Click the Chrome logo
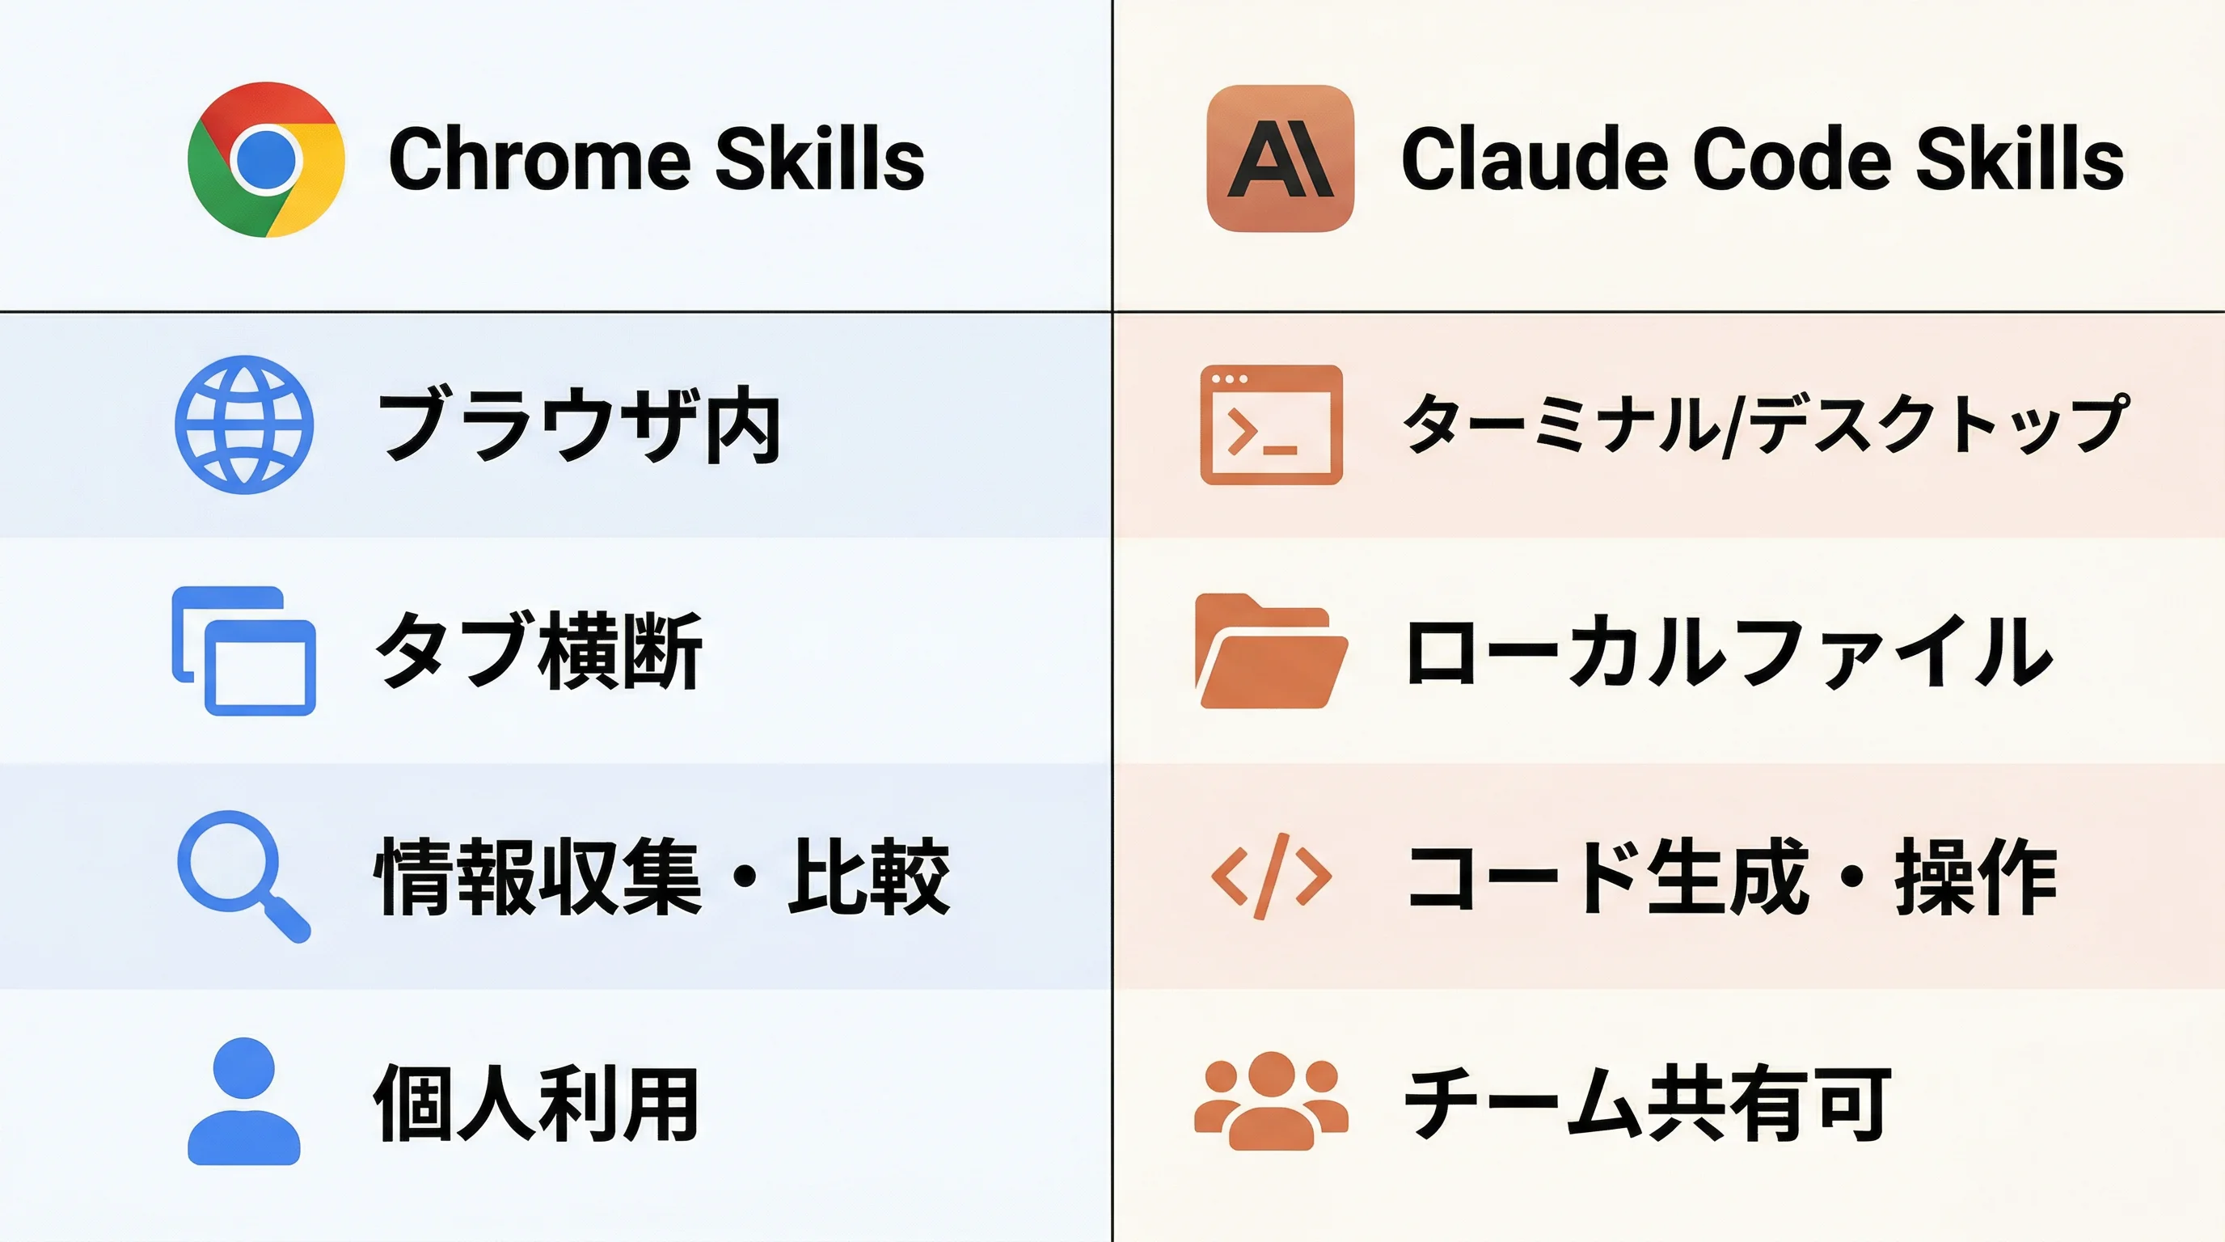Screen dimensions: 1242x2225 pos(266,160)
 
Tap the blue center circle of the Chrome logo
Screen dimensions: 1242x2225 pos(265,160)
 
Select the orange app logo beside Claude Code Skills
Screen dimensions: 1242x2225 pos(1279,159)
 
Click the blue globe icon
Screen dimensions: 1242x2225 pos(244,425)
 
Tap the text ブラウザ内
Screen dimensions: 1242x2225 pos(580,426)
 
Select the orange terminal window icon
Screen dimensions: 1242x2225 pos(1271,425)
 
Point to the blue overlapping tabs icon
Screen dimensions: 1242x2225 pos(244,651)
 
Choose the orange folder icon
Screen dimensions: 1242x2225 pos(1271,651)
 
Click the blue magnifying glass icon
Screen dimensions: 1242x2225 pos(243,875)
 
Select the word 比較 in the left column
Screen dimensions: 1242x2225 pos(868,877)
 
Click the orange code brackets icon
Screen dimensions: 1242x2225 pos(1271,877)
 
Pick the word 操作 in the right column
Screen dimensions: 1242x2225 pos(1975,877)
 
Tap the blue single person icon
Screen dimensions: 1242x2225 pos(244,1101)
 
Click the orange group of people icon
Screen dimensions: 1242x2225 pos(1271,1101)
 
